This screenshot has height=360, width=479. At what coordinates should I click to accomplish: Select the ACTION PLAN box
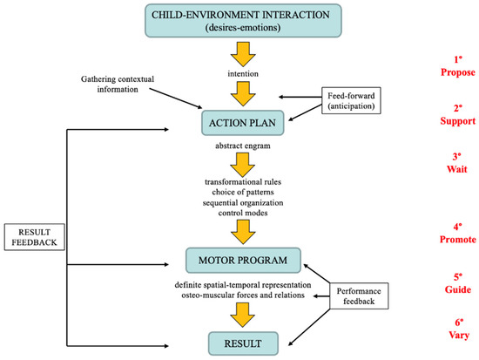coord(238,121)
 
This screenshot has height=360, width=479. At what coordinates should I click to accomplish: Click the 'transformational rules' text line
coord(238,180)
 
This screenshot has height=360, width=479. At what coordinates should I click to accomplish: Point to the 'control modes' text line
coord(238,213)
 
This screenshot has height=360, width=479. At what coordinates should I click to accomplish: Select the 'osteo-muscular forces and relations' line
coord(238,294)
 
